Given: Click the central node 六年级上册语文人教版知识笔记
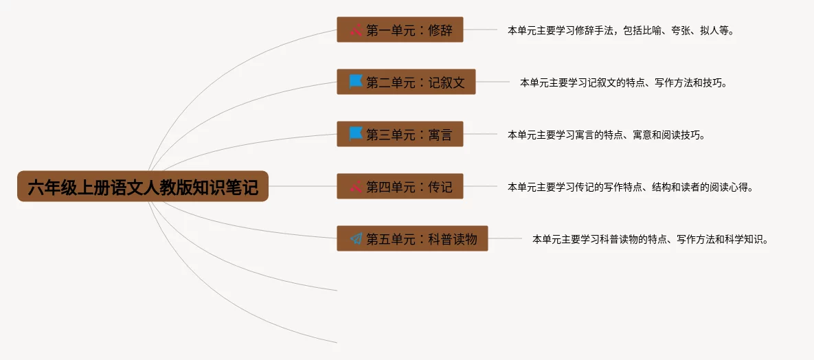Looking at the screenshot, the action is coord(143,186).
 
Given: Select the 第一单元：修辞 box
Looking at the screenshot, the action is coord(400,30).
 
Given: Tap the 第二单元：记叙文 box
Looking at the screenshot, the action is coord(406,82).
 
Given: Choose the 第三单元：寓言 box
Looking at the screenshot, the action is coord(400,134).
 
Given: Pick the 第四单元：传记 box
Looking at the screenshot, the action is coord(400,186).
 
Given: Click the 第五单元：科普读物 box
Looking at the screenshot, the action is coord(412,238).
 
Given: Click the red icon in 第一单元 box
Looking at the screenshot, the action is coord(356,30).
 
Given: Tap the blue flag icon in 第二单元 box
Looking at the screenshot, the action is coord(356,81).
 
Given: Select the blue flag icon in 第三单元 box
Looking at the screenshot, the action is coord(356,133).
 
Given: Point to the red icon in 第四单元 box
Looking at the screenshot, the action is coord(356,186).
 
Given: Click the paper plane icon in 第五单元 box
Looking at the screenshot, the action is coord(356,238).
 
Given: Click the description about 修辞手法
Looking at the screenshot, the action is coord(620,30).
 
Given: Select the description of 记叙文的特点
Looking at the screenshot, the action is coord(623,82).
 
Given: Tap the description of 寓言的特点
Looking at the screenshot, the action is coord(606,135).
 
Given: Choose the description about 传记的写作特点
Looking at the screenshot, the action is coord(630,187).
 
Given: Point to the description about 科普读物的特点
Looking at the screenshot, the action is coord(650,239).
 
